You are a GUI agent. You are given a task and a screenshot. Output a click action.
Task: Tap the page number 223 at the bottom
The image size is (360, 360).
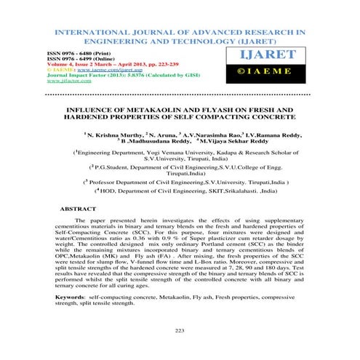[180, 331]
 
